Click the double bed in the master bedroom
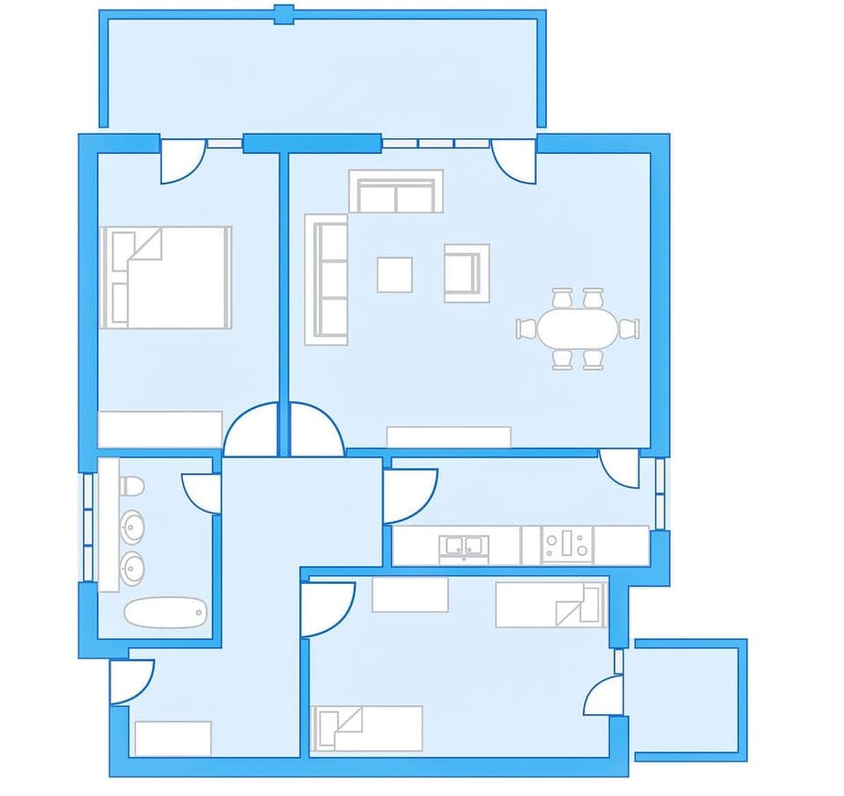pos(167,277)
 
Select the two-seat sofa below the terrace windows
pos(395,192)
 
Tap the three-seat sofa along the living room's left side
pos(326,280)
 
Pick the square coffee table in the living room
pos(395,274)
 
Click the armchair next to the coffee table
pos(466,273)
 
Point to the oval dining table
pos(578,329)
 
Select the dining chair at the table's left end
pos(527,329)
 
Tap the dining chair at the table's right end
pos(629,329)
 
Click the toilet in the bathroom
pos(132,486)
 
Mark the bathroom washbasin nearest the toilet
pos(133,528)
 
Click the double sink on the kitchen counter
pos(463,546)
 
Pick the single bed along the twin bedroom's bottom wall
pos(367,728)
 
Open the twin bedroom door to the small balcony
pos(605,695)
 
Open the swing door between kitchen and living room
pos(620,466)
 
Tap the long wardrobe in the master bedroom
pos(160,429)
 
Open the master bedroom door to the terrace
pos(182,163)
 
